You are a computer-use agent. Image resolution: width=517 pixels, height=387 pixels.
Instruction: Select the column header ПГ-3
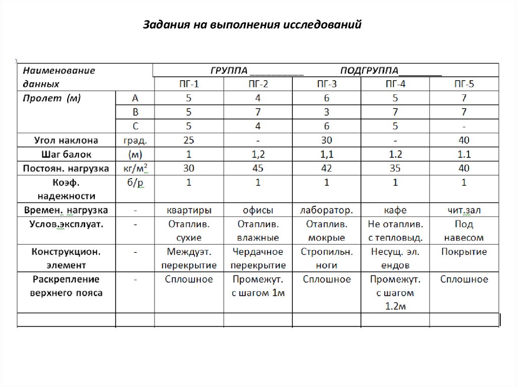(327, 84)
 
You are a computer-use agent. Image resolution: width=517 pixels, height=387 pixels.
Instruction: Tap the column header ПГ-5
(464, 84)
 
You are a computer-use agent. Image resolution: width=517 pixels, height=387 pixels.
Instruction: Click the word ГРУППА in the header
(229, 70)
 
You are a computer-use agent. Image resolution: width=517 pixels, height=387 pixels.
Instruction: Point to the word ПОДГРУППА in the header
(369, 70)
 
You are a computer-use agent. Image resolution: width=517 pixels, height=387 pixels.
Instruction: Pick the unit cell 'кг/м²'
(135, 168)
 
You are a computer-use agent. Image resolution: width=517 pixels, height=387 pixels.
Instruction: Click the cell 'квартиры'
(189, 210)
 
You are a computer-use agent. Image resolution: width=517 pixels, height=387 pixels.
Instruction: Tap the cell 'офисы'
(258, 210)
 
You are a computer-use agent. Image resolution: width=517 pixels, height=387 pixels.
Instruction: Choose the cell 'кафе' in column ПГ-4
(395, 210)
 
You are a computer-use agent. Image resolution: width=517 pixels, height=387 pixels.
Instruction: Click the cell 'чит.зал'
(464, 210)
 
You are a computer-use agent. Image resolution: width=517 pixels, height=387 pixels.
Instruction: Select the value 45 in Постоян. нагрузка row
(258, 168)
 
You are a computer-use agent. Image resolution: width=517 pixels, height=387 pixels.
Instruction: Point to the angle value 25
(189, 140)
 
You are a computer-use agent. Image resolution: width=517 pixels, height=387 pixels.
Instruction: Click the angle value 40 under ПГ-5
(464, 140)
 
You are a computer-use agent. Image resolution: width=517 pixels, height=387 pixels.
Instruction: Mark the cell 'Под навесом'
(464, 231)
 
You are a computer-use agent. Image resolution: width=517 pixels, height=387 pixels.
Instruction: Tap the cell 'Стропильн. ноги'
(327, 258)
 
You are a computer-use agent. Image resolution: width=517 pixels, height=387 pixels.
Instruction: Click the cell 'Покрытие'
(464, 252)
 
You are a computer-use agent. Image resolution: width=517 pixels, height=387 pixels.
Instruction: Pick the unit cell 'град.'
(135, 140)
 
